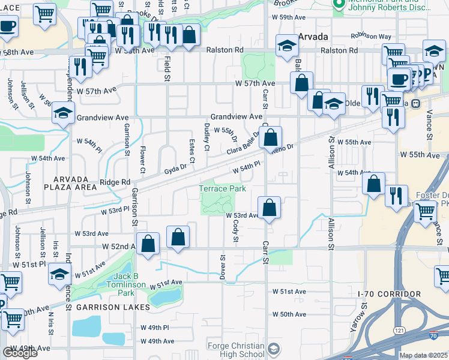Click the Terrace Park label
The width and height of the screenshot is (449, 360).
pos(223,188)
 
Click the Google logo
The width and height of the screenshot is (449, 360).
pos(20,353)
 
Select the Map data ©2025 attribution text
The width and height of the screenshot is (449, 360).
pos(424,355)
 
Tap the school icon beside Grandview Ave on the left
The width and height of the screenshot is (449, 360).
pos(63,113)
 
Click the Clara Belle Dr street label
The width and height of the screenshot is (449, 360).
pos(243,143)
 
